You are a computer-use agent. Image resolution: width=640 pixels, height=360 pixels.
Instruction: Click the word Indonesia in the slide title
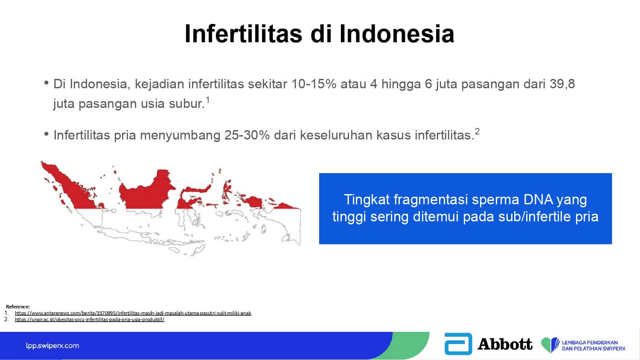(397, 34)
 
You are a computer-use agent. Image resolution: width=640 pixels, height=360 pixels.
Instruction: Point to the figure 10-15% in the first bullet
(314, 84)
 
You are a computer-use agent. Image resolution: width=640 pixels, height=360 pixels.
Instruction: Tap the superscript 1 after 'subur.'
(208, 100)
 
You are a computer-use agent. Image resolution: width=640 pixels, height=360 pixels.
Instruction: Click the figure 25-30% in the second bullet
(247, 135)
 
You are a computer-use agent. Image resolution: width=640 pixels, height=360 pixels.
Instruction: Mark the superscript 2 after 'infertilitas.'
(477, 131)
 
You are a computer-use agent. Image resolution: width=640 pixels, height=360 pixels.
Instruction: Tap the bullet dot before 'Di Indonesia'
(46, 83)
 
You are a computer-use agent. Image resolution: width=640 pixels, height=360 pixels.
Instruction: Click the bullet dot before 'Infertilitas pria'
(46, 134)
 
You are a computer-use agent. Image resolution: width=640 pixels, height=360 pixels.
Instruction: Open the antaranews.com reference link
(133, 313)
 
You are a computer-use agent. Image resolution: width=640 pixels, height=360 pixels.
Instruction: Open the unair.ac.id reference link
(90, 319)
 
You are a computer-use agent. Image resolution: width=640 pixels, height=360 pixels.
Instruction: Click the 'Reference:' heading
(18, 307)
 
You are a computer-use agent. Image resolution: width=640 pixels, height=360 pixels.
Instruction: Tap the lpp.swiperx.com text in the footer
(52, 346)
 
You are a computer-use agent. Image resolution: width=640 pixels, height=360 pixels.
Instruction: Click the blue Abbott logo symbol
(458, 344)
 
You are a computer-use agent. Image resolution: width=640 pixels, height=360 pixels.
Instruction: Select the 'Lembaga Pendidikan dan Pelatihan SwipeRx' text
(593, 345)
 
